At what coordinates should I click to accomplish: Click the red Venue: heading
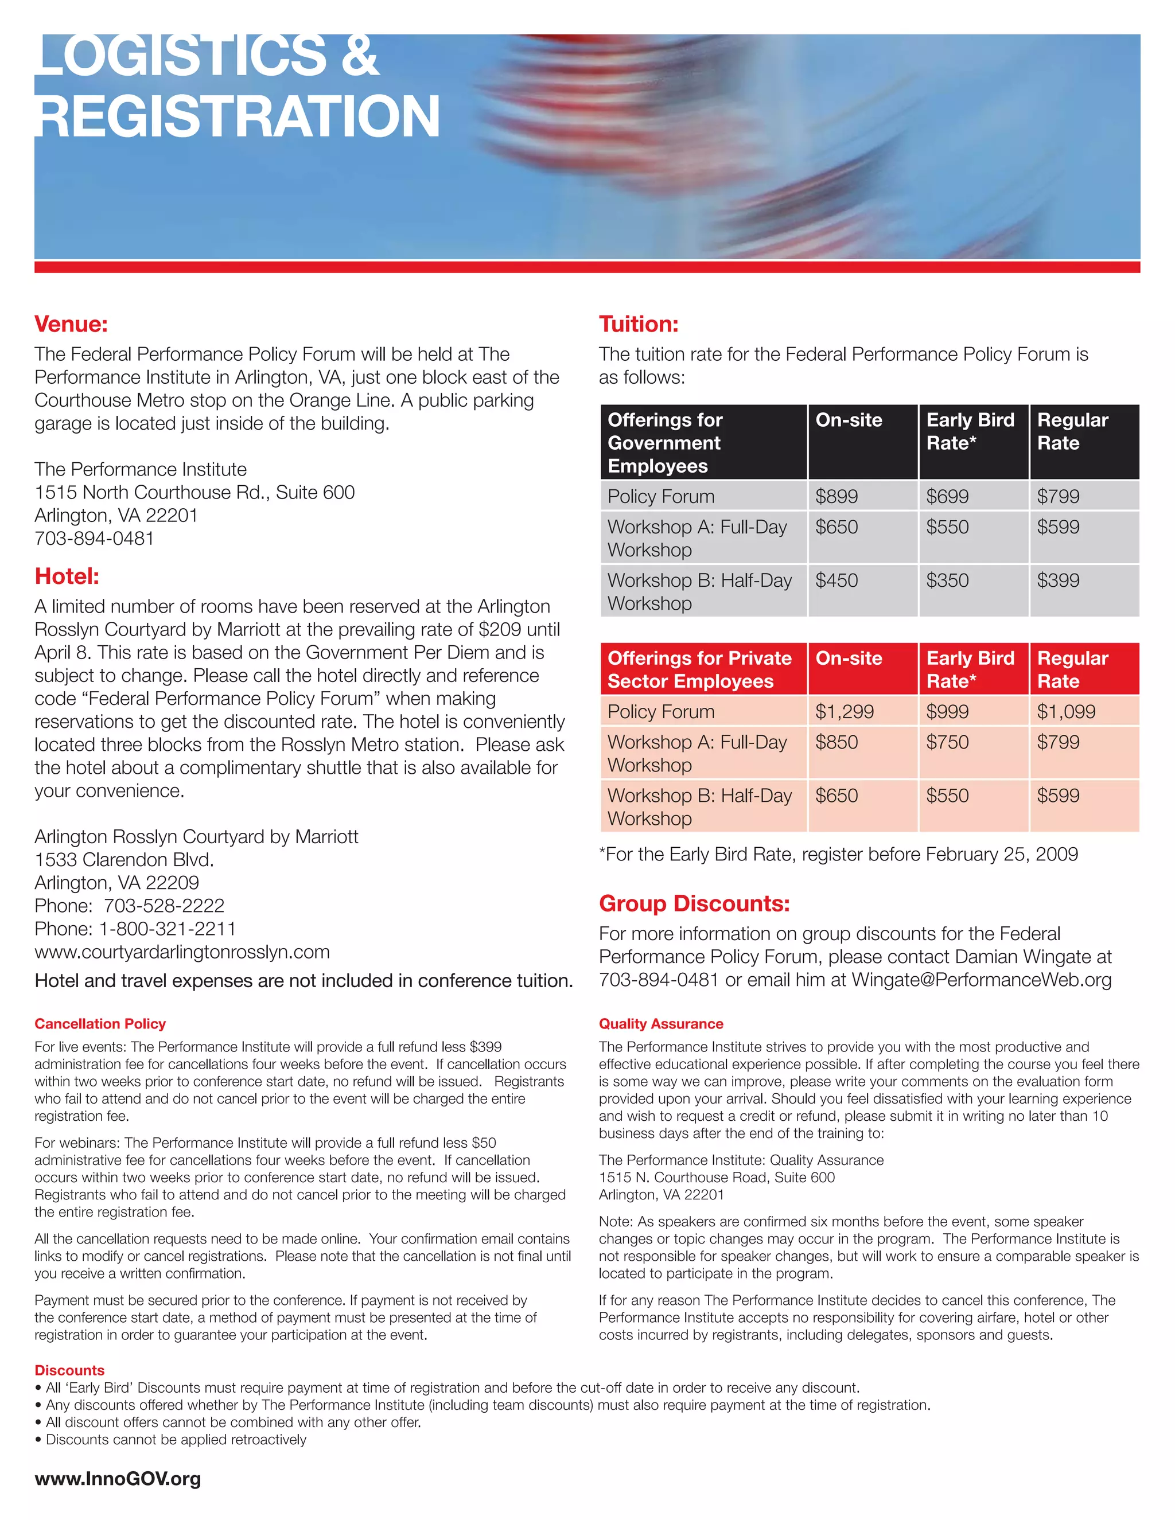[71, 324]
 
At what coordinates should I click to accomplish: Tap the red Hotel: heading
[67, 576]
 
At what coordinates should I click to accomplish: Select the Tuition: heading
[639, 324]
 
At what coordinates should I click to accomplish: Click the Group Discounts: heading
[694, 903]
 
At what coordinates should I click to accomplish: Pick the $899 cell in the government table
[836, 496]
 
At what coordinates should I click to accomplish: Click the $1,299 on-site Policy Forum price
[843, 711]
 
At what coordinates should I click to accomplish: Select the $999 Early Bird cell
[947, 711]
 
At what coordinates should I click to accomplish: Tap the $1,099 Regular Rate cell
[1066, 711]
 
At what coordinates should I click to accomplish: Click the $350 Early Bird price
[947, 580]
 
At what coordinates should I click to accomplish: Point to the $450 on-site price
[836, 580]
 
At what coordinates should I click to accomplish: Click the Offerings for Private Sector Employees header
[699, 669]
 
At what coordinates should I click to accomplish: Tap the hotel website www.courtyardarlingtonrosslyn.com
[182, 952]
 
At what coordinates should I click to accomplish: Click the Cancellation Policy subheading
[100, 1024]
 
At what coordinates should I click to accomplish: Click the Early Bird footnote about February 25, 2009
[838, 855]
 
